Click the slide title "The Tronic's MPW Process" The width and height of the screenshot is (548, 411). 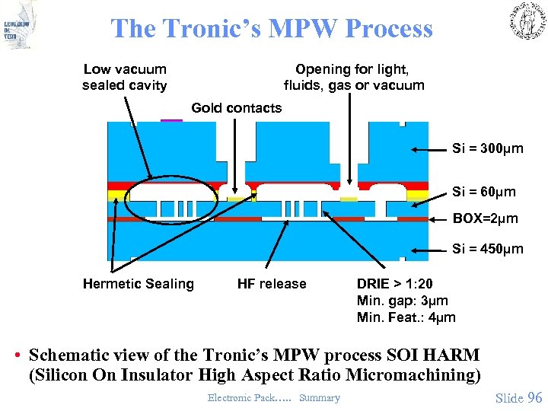[x=272, y=29]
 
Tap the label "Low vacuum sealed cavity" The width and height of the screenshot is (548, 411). [x=125, y=78]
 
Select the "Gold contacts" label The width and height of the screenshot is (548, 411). [x=236, y=108]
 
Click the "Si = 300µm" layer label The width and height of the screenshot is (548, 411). [x=488, y=148]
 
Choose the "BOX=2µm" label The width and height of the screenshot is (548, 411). [x=486, y=219]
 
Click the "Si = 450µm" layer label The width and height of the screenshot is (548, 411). [x=488, y=249]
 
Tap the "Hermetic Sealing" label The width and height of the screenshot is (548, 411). [x=139, y=284]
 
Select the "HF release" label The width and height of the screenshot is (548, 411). [x=272, y=284]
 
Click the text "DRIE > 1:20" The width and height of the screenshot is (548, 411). [x=395, y=284]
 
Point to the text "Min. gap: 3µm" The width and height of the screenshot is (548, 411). [x=403, y=301]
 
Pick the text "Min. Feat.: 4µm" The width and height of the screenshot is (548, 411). [x=406, y=317]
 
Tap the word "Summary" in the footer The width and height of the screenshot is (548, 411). [x=320, y=398]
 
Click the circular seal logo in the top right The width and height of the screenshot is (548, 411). [x=526, y=21]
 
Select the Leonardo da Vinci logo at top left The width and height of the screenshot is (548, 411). [x=20, y=24]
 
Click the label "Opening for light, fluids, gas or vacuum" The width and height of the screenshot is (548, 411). [x=354, y=78]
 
